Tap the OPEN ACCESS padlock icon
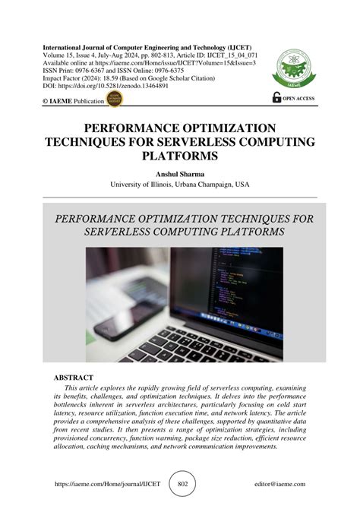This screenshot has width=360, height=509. click(x=276, y=97)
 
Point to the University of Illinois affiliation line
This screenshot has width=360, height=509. click(x=180, y=185)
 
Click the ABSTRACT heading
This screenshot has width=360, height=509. click(x=74, y=378)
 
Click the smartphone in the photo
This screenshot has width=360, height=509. click(x=114, y=304)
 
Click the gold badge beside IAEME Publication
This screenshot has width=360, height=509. click(x=116, y=99)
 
